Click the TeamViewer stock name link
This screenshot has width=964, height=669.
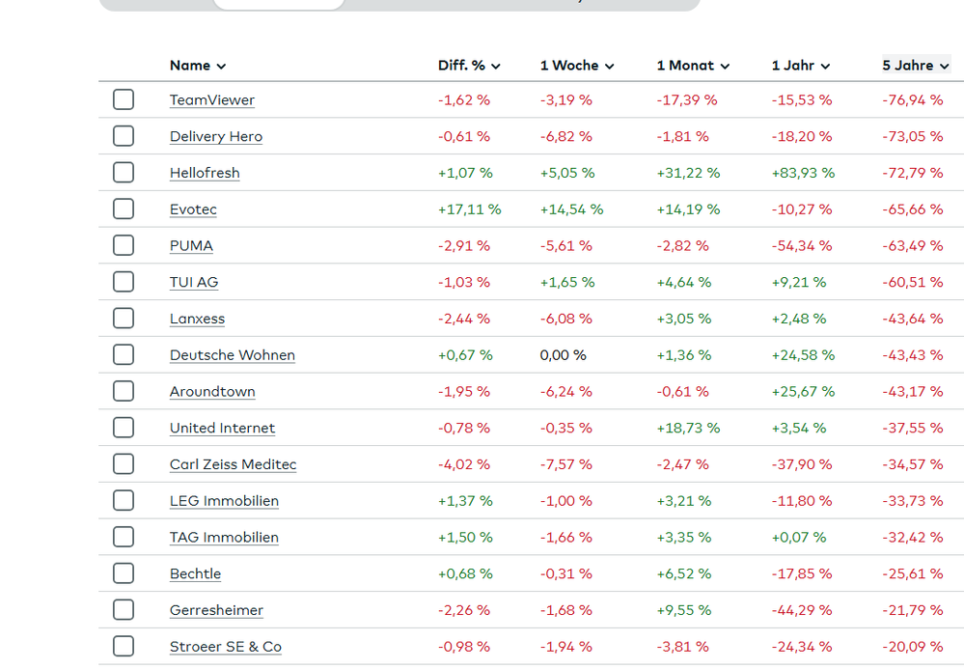pos(211,100)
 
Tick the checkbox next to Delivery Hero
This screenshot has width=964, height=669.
pos(124,136)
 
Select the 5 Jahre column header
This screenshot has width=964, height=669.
pos(915,66)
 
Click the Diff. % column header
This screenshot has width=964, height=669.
pos(469,66)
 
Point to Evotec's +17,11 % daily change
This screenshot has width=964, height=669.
pos(469,209)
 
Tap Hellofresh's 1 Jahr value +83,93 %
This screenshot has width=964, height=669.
pos(803,173)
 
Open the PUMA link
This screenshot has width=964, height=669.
pos(191,246)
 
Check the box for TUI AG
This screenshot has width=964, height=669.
pos(124,282)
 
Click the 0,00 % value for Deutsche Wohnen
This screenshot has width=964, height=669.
pos(563,355)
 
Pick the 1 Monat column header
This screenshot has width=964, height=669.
pos(693,66)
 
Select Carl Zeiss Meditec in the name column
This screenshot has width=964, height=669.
pos(233,464)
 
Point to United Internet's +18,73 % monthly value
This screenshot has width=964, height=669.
pos(688,428)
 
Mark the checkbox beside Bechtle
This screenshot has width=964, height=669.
pos(124,573)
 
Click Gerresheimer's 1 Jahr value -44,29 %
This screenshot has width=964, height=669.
pos(802,610)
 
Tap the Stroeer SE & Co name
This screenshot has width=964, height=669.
pos(225,647)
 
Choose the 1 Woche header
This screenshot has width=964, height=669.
pos(576,66)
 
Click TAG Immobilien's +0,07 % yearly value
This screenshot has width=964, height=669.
pos(799,537)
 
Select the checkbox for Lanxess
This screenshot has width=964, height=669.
pos(124,319)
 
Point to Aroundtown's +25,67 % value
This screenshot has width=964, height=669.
pos(803,392)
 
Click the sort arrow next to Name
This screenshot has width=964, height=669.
pos(221,67)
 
